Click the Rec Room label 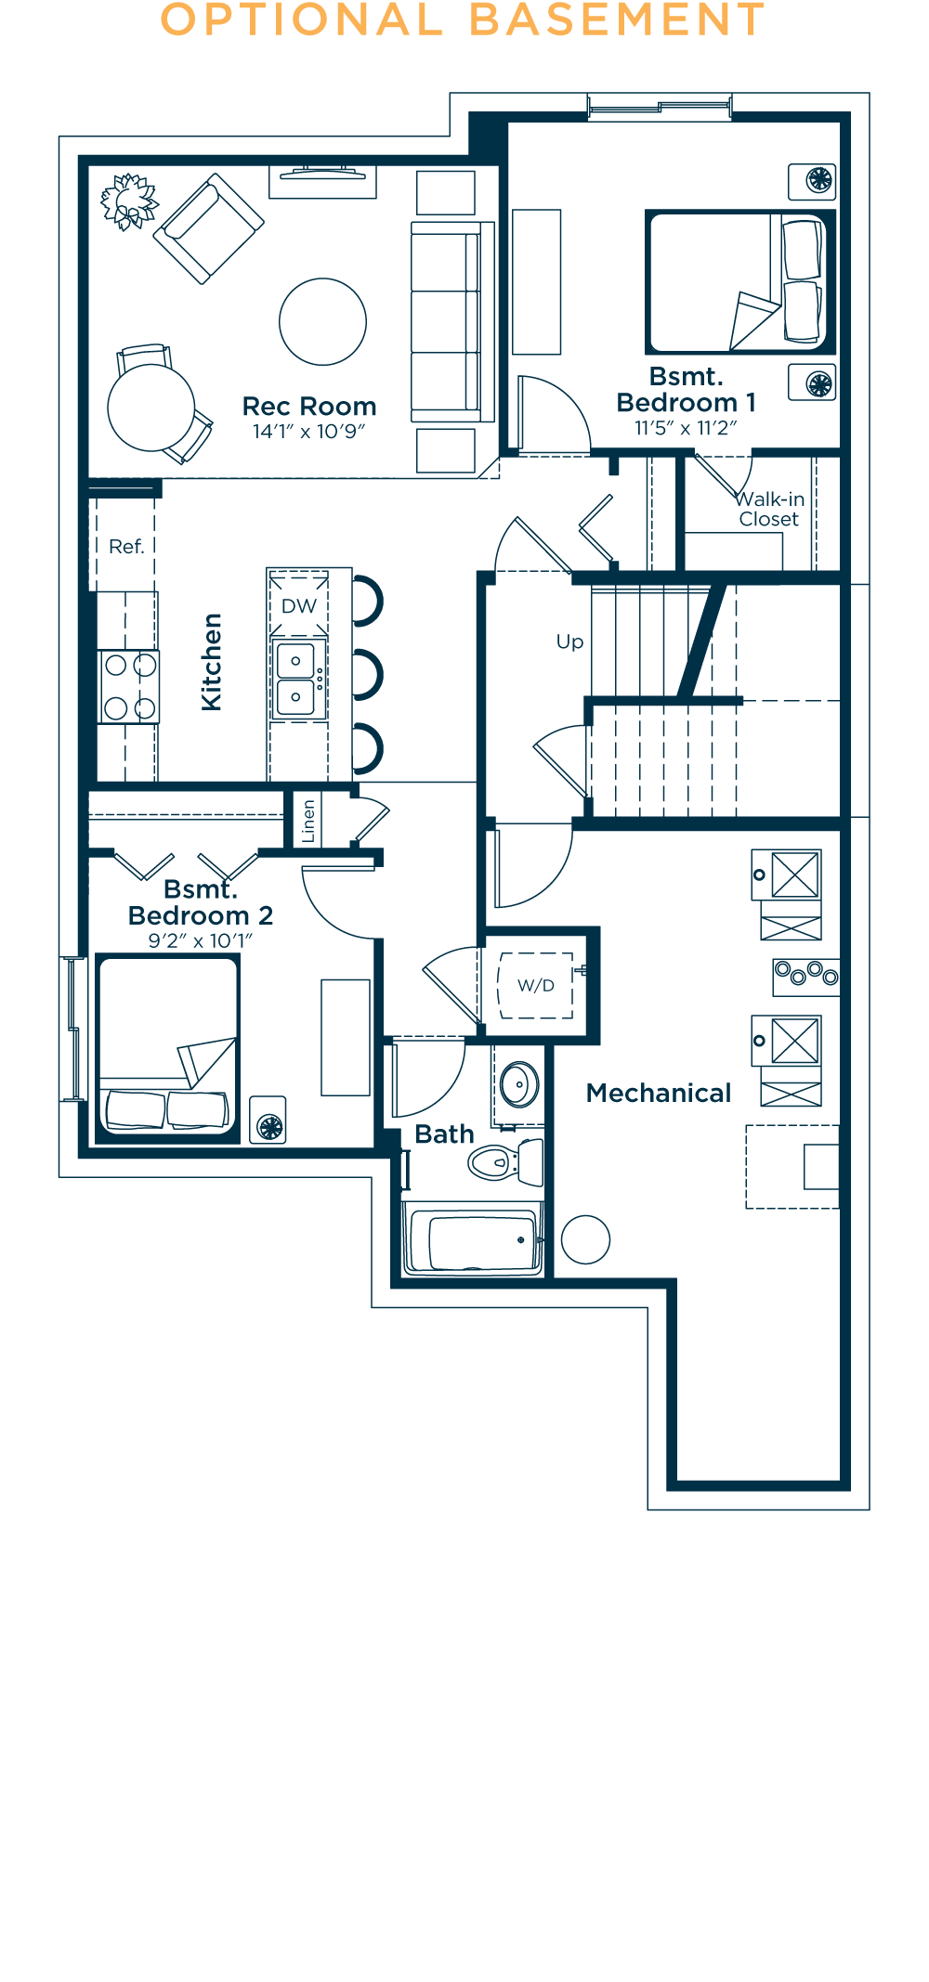tap(309, 407)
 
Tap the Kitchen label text tap(212, 662)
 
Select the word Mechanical tap(659, 1093)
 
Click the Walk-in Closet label tap(770, 509)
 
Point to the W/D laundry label tap(536, 985)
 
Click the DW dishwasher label tap(299, 606)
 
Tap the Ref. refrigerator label tap(127, 547)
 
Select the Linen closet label tap(309, 821)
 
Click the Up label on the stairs tap(570, 641)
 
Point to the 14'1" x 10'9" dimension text tap(309, 432)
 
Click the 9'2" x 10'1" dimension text tap(201, 940)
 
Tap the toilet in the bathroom tap(506, 1161)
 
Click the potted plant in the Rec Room tap(129, 201)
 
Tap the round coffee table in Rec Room tap(323, 322)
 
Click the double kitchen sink tap(296, 679)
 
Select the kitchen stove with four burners tap(129, 687)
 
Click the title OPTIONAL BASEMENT tap(463, 19)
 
